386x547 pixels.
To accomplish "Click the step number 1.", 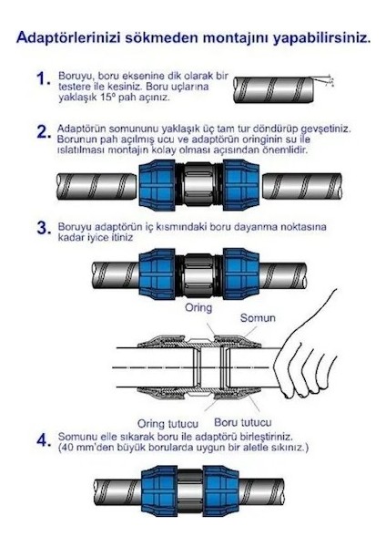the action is (x=43, y=78).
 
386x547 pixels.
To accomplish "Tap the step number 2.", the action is (x=45, y=132).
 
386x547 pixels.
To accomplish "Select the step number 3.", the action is (x=45, y=228).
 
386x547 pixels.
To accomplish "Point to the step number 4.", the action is (x=45, y=440).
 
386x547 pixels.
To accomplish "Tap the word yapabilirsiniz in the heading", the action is (x=320, y=37).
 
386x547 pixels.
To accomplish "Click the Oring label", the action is (x=198, y=307).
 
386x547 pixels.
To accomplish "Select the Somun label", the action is (x=258, y=318).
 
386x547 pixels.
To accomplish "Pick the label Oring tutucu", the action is (x=168, y=424).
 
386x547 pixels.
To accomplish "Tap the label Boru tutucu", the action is (x=243, y=422).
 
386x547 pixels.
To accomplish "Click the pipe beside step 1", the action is (x=274, y=89).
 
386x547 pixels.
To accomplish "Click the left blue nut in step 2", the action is (x=157, y=185).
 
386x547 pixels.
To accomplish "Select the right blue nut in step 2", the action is (x=240, y=185).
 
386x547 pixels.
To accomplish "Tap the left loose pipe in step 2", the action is (x=96, y=186).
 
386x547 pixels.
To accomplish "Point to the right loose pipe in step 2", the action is (x=301, y=186).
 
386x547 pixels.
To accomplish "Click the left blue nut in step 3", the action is (x=157, y=273).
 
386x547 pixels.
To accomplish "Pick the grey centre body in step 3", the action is (x=199, y=274).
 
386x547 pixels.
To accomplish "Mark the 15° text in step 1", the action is (x=107, y=97).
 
